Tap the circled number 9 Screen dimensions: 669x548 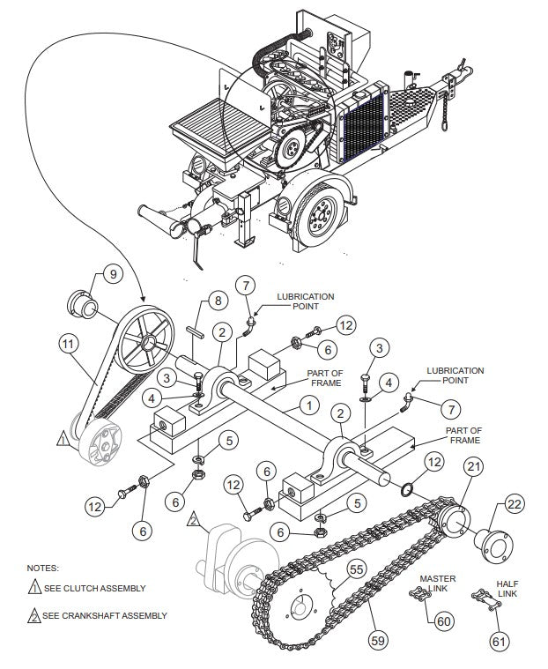point(111,274)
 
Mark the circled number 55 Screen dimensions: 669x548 point(356,569)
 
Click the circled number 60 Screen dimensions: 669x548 point(444,621)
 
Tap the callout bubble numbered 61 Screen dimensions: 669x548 point(500,641)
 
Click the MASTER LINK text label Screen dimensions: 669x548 point(438,584)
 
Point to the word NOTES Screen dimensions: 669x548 point(43,569)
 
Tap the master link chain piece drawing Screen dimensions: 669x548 point(418,601)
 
